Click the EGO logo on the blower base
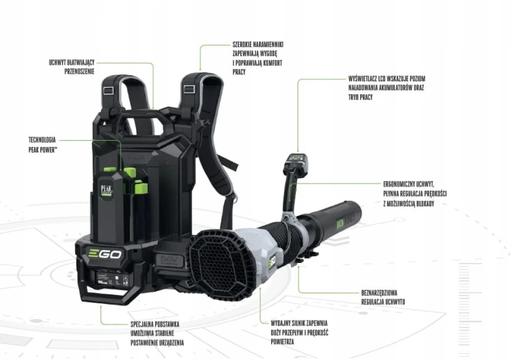click(105, 254)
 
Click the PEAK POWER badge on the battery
click(106, 191)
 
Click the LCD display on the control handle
click(296, 158)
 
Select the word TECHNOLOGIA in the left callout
click(42, 140)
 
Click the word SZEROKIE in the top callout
click(242, 44)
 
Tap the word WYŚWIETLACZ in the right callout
click(362, 79)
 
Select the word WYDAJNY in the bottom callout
click(280, 323)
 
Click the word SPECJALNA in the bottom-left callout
click(142, 324)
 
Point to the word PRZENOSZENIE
click(79, 71)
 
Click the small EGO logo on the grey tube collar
click(272, 262)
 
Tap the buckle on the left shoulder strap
click(108, 90)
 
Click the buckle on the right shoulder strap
click(188, 89)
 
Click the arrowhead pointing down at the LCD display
click(298, 150)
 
